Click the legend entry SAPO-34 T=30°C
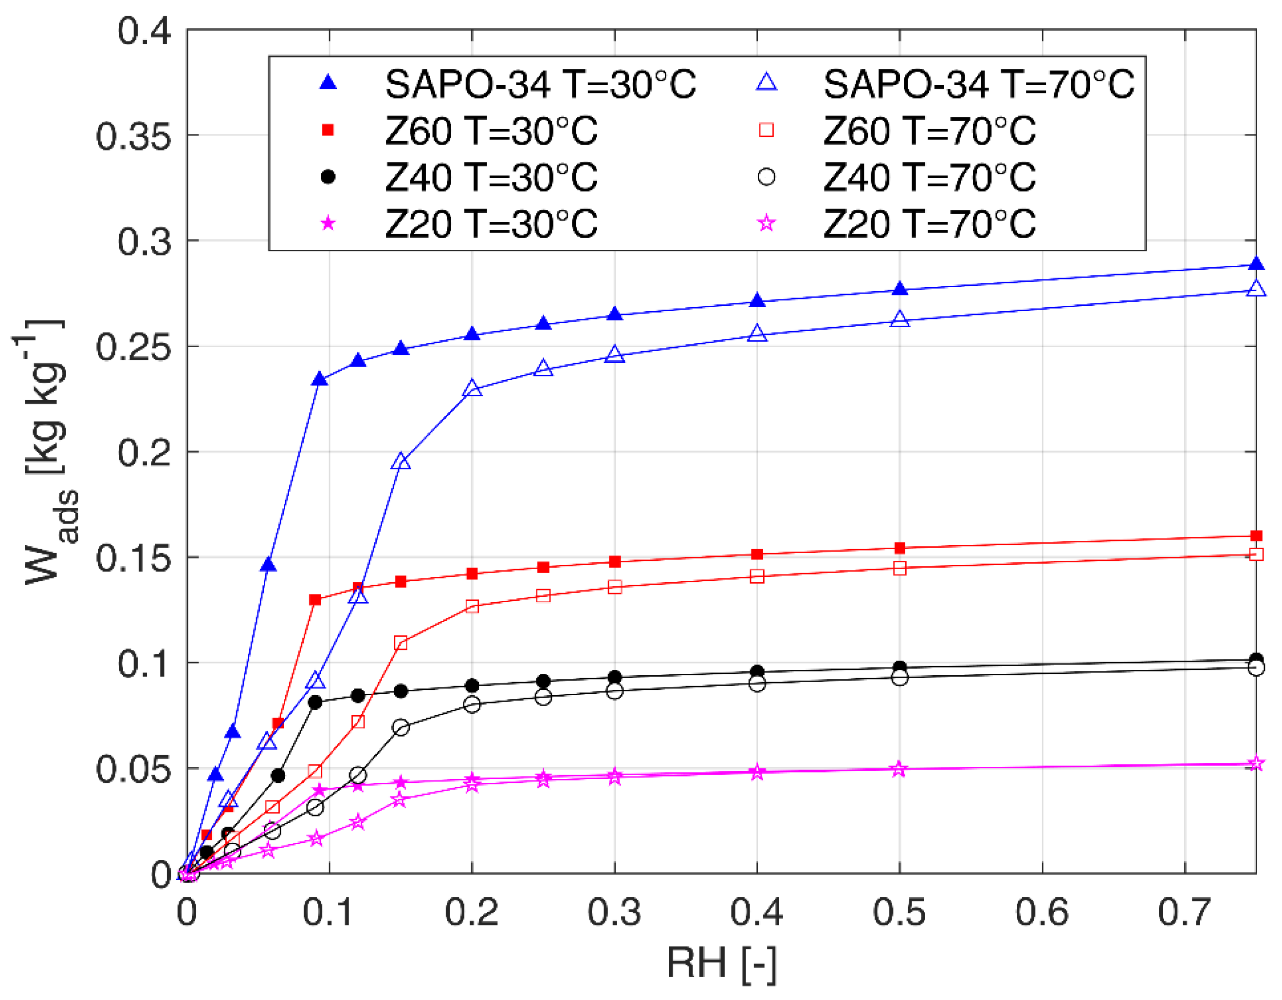540,84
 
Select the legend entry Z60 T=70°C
929,130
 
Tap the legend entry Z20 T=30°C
491,224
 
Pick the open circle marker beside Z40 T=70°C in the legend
767,177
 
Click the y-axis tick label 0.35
133,137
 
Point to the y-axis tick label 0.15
133,558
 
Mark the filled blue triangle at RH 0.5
900,289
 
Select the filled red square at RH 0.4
757,555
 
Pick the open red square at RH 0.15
401,643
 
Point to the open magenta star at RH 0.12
358,822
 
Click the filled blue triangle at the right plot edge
1256,264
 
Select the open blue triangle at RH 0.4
757,333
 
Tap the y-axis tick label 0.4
144,31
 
